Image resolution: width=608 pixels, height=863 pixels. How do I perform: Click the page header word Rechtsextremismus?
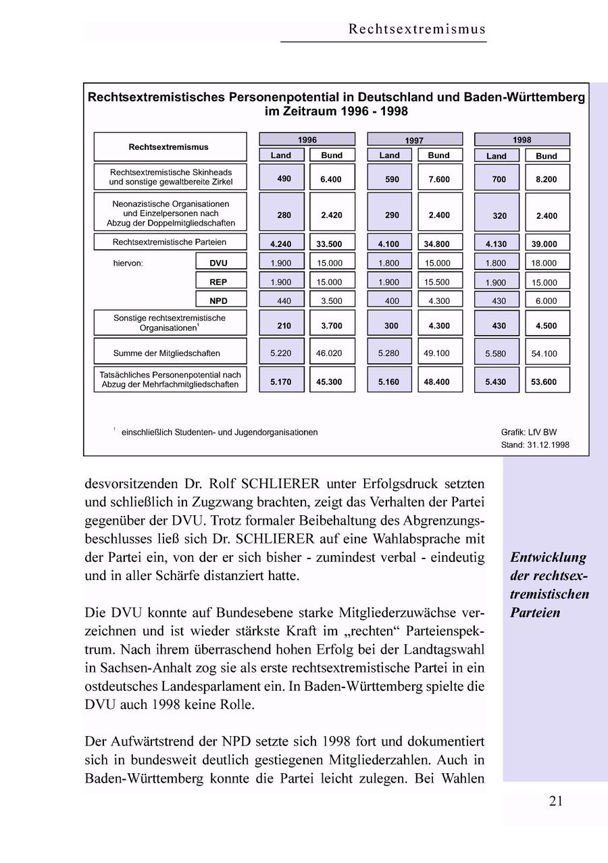(417, 29)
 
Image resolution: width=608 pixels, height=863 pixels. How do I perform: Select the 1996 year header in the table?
(307, 140)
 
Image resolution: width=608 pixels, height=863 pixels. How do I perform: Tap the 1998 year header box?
(522, 140)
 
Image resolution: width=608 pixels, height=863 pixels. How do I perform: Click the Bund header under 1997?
(439, 155)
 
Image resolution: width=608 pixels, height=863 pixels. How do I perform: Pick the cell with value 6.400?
(332, 180)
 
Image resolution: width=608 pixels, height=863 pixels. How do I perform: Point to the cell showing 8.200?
(547, 180)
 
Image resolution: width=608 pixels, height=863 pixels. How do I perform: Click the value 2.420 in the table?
(332, 215)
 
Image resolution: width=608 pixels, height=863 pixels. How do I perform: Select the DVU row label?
(219, 263)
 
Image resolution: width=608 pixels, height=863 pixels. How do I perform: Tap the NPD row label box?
(219, 300)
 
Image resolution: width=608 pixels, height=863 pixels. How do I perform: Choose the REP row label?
(219, 282)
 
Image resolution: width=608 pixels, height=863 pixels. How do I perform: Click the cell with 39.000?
(547, 244)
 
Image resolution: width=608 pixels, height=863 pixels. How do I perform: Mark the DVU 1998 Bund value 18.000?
(547, 263)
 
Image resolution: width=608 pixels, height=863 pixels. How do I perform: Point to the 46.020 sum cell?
(332, 352)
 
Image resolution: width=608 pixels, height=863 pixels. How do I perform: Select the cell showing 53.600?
(547, 382)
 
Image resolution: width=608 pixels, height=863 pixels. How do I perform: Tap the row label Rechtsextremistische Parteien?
(170, 242)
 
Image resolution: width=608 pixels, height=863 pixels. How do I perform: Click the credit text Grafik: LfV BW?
(529, 432)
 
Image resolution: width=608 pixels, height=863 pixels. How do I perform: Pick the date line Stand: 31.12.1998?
(535, 445)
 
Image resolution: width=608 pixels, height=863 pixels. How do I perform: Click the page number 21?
(556, 802)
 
